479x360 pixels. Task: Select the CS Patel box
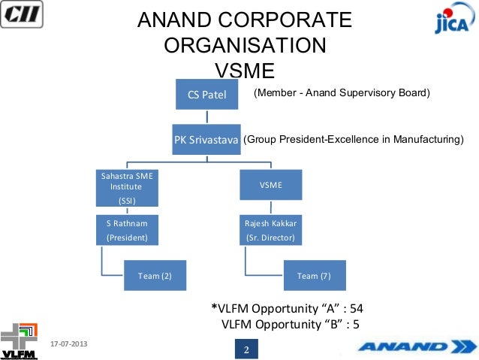point(206,95)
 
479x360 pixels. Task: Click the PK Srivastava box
point(206,139)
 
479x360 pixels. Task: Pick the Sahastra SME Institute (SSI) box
point(126,188)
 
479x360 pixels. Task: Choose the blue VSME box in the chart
point(271,185)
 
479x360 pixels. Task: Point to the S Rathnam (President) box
point(126,231)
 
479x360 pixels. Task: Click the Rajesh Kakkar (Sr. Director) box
point(271,231)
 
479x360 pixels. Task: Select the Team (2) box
point(155,276)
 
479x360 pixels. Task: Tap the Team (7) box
point(314,276)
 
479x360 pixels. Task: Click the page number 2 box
point(246,349)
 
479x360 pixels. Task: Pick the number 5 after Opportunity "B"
point(357,324)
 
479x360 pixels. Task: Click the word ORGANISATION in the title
point(244,45)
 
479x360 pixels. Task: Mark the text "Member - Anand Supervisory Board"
point(342,93)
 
